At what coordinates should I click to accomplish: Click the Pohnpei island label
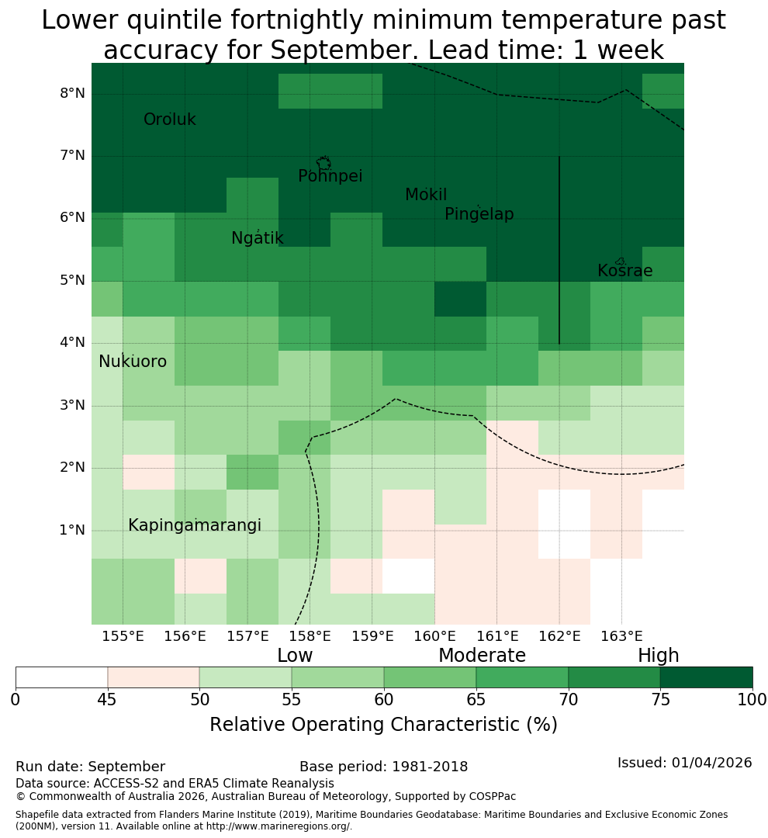330,176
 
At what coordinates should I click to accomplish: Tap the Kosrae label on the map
624,271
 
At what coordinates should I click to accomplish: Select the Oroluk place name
169,119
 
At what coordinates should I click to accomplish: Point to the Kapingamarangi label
195,525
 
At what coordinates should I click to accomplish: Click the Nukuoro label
133,362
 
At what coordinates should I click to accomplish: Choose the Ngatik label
257,238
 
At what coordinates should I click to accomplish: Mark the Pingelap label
479,214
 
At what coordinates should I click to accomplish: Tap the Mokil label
426,195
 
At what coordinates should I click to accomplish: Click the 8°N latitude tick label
72,94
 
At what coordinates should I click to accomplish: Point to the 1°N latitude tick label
72,530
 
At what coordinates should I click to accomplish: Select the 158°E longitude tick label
310,636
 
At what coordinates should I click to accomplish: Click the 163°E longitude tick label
621,636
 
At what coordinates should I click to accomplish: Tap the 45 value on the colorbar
107,700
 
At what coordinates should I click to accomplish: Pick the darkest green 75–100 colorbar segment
707,677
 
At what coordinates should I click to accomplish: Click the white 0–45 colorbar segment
61,677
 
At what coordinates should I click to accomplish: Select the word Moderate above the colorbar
482,655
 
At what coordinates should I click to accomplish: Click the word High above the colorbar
658,656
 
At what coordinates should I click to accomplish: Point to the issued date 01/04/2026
711,763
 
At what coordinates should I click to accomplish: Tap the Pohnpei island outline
323,163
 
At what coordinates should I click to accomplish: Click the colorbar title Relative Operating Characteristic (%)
383,725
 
